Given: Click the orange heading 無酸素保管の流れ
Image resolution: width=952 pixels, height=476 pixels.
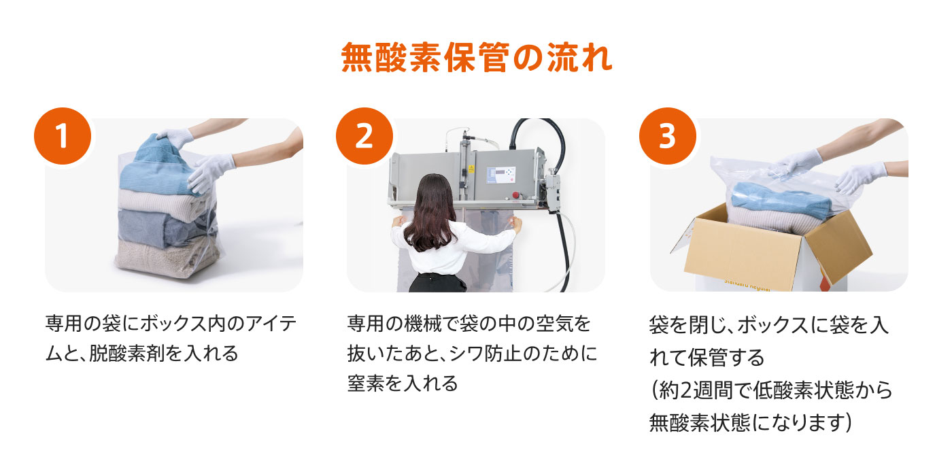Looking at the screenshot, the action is tap(477, 58).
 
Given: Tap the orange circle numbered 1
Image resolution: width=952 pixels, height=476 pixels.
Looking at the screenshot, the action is tap(63, 136).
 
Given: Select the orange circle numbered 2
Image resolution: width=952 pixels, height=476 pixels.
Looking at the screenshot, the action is tap(364, 136).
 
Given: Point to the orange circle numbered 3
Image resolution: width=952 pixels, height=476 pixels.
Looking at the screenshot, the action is tap(667, 136).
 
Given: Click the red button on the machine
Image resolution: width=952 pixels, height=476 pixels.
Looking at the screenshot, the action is tap(516, 195).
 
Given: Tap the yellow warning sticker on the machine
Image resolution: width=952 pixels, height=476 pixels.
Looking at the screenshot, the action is tap(471, 169).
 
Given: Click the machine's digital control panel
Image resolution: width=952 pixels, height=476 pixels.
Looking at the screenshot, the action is tap(500, 175).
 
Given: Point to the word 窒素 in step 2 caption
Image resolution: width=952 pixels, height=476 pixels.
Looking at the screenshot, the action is tap(366, 384).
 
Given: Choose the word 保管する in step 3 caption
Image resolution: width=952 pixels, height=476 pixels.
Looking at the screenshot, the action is tap(726, 358).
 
